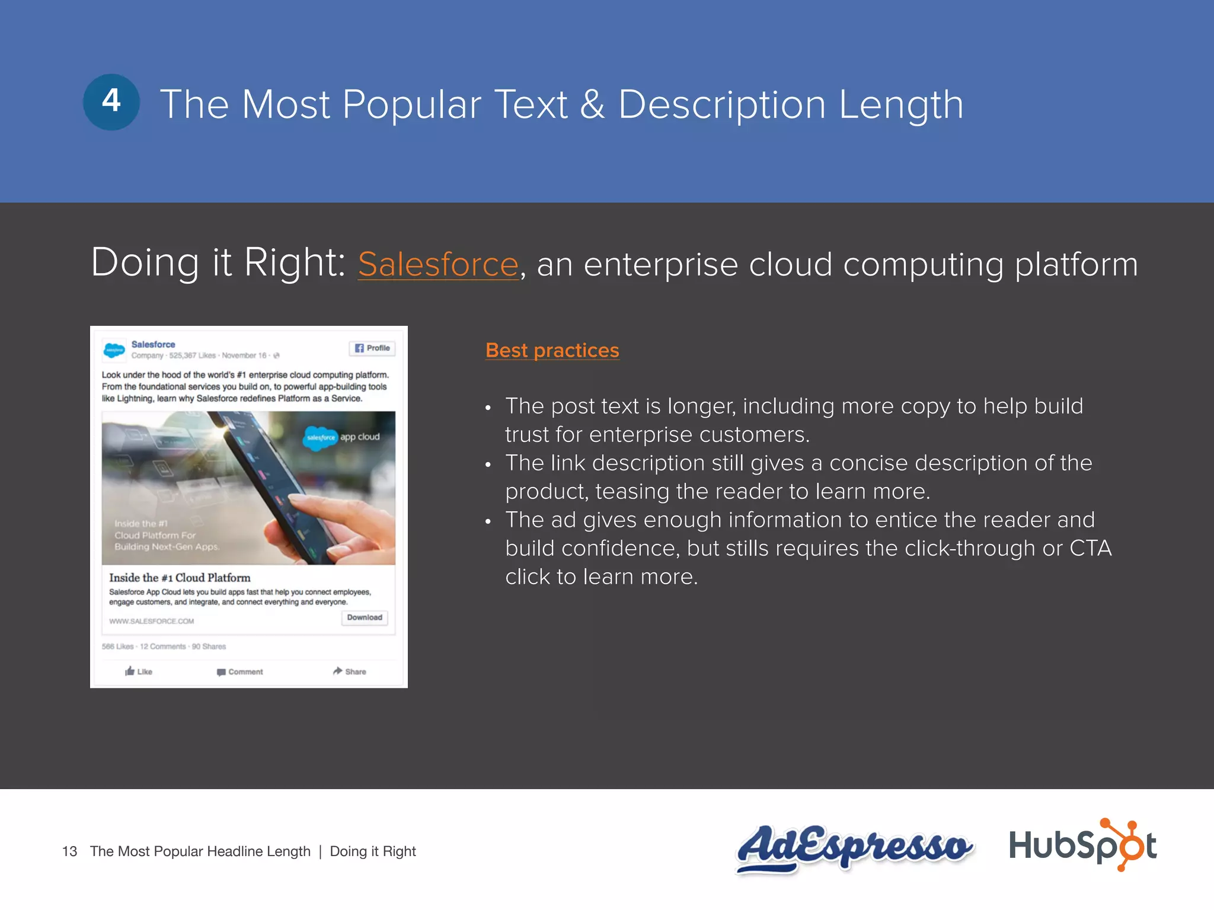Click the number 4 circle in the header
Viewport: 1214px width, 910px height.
pyautogui.click(x=111, y=102)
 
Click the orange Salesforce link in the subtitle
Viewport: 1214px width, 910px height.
pyautogui.click(x=438, y=264)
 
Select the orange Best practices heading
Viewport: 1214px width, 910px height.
pyautogui.click(x=552, y=350)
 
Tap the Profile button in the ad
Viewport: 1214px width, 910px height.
pyautogui.click(x=372, y=348)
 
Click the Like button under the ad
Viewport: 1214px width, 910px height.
pyautogui.click(x=139, y=671)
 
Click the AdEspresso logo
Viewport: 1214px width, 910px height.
pyautogui.click(x=854, y=847)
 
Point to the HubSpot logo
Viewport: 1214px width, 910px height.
pyautogui.click(x=1082, y=845)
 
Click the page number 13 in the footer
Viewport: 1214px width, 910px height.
pyautogui.click(x=69, y=851)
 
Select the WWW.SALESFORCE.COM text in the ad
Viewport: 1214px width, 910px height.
pyautogui.click(x=151, y=621)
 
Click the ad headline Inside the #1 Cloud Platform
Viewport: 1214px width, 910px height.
pyautogui.click(x=180, y=578)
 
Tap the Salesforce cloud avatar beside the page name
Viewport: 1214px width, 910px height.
pyautogui.click(x=114, y=350)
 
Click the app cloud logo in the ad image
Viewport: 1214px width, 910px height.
pyautogui.click(x=342, y=437)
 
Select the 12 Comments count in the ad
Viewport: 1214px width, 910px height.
pyautogui.click(x=162, y=646)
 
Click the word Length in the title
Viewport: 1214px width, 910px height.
pyautogui.click(x=901, y=105)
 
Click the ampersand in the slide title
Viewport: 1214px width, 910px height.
pyautogui.click(x=592, y=105)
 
